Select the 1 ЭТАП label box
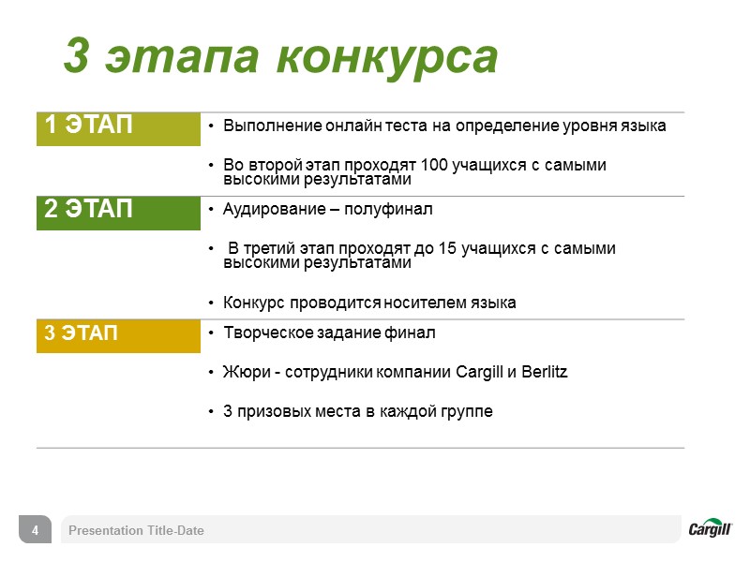point(118,129)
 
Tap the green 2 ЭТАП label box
point(118,212)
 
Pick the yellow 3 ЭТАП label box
point(118,335)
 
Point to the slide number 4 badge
point(35,530)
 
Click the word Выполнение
point(268,126)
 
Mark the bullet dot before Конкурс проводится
point(213,303)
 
